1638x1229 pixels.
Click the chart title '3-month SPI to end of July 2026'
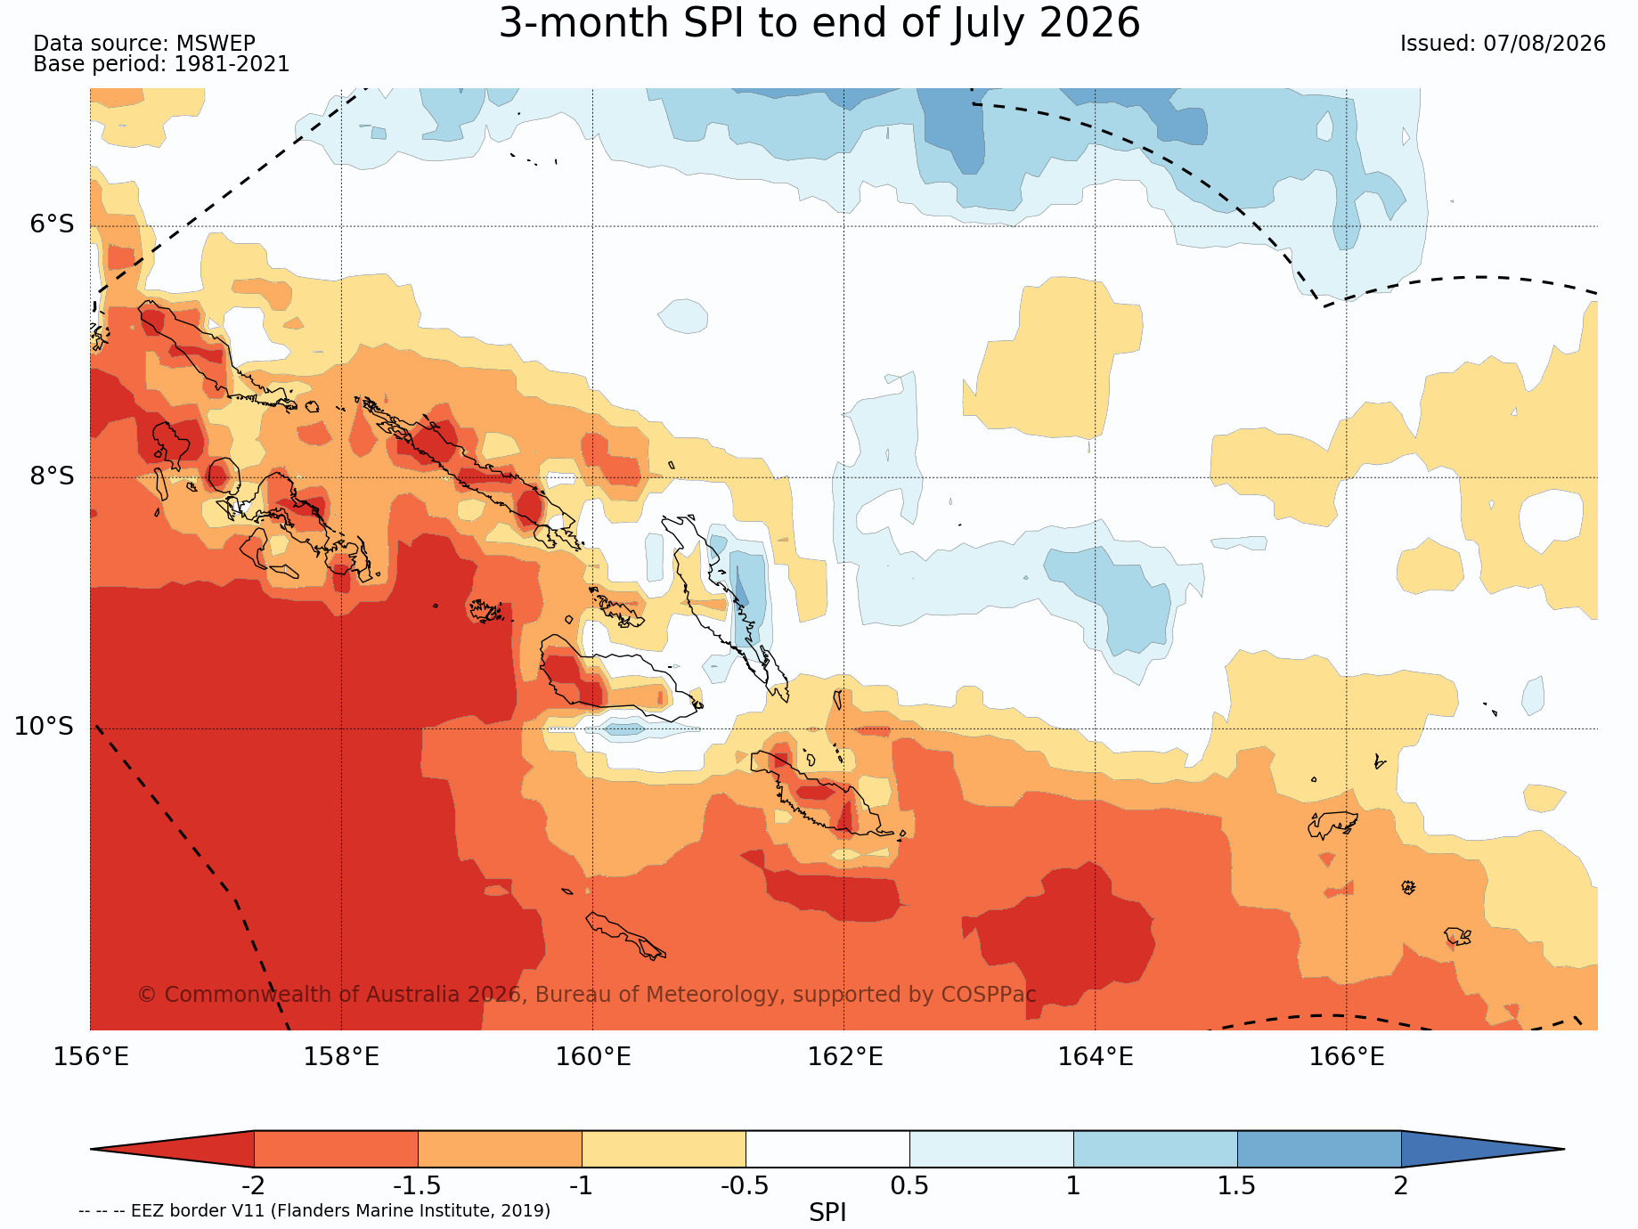[x=819, y=23]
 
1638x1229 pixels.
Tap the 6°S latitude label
[x=53, y=224]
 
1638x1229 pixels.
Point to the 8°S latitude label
[x=53, y=476]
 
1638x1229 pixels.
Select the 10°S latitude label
[x=44, y=727]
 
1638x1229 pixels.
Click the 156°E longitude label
[x=91, y=1057]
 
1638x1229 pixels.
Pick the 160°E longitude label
[x=593, y=1057]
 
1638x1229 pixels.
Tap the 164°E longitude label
[x=1096, y=1057]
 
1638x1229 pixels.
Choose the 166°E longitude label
[x=1347, y=1057]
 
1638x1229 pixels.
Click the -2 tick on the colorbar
[x=254, y=1185]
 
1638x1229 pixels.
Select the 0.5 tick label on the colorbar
[x=909, y=1185]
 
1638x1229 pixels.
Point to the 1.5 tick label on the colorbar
[x=1237, y=1185]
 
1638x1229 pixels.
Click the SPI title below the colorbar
[x=827, y=1212]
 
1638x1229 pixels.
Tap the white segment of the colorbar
[x=827, y=1149]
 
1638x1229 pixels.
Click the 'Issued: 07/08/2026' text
[x=1503, y=44]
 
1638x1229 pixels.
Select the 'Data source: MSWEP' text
[x=144, y=44]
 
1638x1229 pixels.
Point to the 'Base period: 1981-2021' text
[x=161, y=65]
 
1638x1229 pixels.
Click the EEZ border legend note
[x=314, y=1210]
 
